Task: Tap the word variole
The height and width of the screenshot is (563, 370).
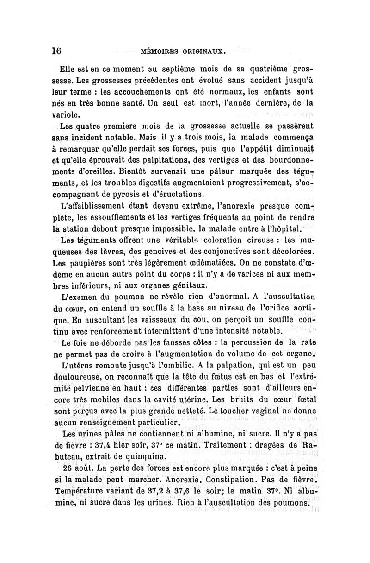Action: (64, 114)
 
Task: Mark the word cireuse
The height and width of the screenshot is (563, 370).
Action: (264, 240)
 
